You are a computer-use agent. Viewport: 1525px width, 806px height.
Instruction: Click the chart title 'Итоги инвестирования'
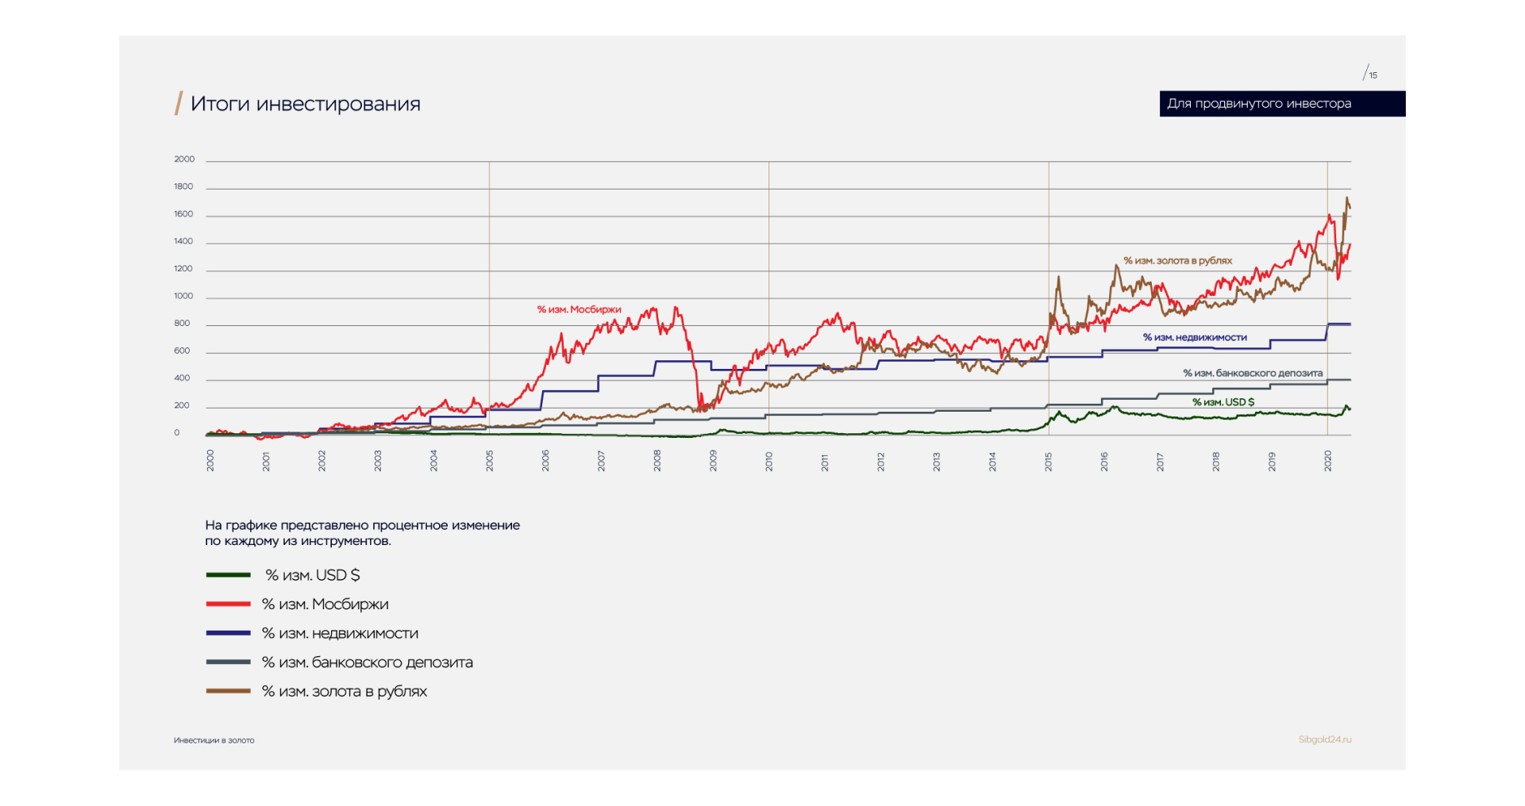coord(305,104)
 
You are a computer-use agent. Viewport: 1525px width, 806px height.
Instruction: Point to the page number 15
coord(1373,75)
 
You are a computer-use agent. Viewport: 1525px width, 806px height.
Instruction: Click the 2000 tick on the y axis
coord(184,159)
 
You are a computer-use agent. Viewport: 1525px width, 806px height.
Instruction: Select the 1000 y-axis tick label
coord(183,296)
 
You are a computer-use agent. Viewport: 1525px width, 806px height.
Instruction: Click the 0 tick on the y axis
coord(177,433)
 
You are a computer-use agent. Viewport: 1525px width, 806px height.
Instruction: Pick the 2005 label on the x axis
coord(490,462)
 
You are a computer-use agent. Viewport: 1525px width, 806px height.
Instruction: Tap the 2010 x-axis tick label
coord(769,462)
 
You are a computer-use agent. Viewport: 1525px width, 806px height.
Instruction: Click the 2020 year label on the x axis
coord(1328,462)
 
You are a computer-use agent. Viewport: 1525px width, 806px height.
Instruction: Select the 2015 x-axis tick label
coord(1049,462)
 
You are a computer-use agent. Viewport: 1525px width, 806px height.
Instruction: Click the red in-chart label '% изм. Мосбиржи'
coord(579,309)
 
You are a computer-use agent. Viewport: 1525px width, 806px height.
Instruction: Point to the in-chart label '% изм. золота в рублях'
coord(1177,260)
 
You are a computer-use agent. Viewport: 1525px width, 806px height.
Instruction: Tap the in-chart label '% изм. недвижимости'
coord(1195,337)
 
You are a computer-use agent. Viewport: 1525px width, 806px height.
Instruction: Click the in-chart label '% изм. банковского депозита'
coord(1253,373)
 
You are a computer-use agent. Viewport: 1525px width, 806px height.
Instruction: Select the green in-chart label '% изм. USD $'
coord(1223,402)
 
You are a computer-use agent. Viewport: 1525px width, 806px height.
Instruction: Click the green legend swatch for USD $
coord(229,575)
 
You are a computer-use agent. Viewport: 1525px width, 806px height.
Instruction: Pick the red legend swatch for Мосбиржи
coord(229,604)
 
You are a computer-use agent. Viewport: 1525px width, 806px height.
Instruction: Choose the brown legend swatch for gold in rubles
coord(229,691)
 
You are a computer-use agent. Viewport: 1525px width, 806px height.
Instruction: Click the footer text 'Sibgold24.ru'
coord(1324,739)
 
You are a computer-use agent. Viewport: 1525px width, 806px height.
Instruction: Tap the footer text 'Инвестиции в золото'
coord(214,740)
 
